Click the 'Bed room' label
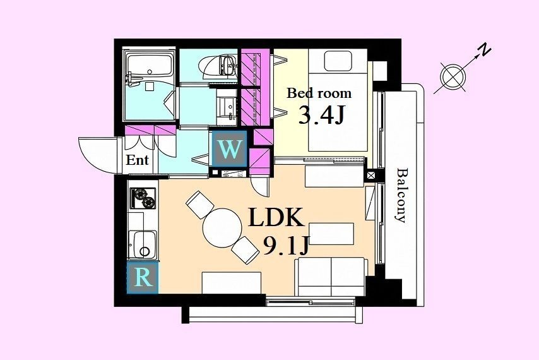coord(319,93)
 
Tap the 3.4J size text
coord(321,115)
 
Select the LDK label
coord(276,217)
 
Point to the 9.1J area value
coord(287,245)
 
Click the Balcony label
coord(401,195)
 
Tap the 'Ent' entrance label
coord(137,160)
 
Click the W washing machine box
coord(229,149)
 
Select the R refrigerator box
coord(143,278)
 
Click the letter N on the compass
coord(485,51)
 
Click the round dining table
coord(222,228)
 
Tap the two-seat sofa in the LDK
coord(331,277)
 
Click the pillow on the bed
coord(338,61)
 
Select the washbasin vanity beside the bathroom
coord(227,107)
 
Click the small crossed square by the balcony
coord(371,175)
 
